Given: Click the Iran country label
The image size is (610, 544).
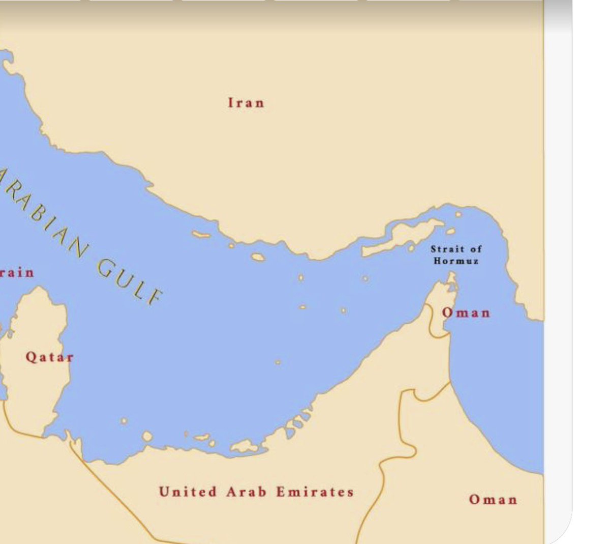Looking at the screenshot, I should point(246,103).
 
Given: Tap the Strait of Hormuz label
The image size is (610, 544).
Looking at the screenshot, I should point(456,254).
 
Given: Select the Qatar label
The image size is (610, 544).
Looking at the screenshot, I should point(49,357).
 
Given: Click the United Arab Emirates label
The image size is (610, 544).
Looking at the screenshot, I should point(256,492).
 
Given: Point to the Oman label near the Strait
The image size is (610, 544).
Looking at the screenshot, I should point(466,312).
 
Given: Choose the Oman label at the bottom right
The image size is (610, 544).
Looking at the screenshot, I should point(493,499).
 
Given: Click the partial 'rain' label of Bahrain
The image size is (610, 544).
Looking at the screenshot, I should point(17,273).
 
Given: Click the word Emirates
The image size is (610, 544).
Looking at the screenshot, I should point(315,492).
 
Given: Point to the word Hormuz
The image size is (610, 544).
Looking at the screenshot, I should point(456,261).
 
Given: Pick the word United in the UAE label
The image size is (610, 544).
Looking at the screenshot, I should point(188,492).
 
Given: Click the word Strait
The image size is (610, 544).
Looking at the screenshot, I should point(447,249).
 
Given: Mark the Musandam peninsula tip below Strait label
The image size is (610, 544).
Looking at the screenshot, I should point(451,278).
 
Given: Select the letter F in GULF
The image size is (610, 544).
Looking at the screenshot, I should point(155,297).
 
